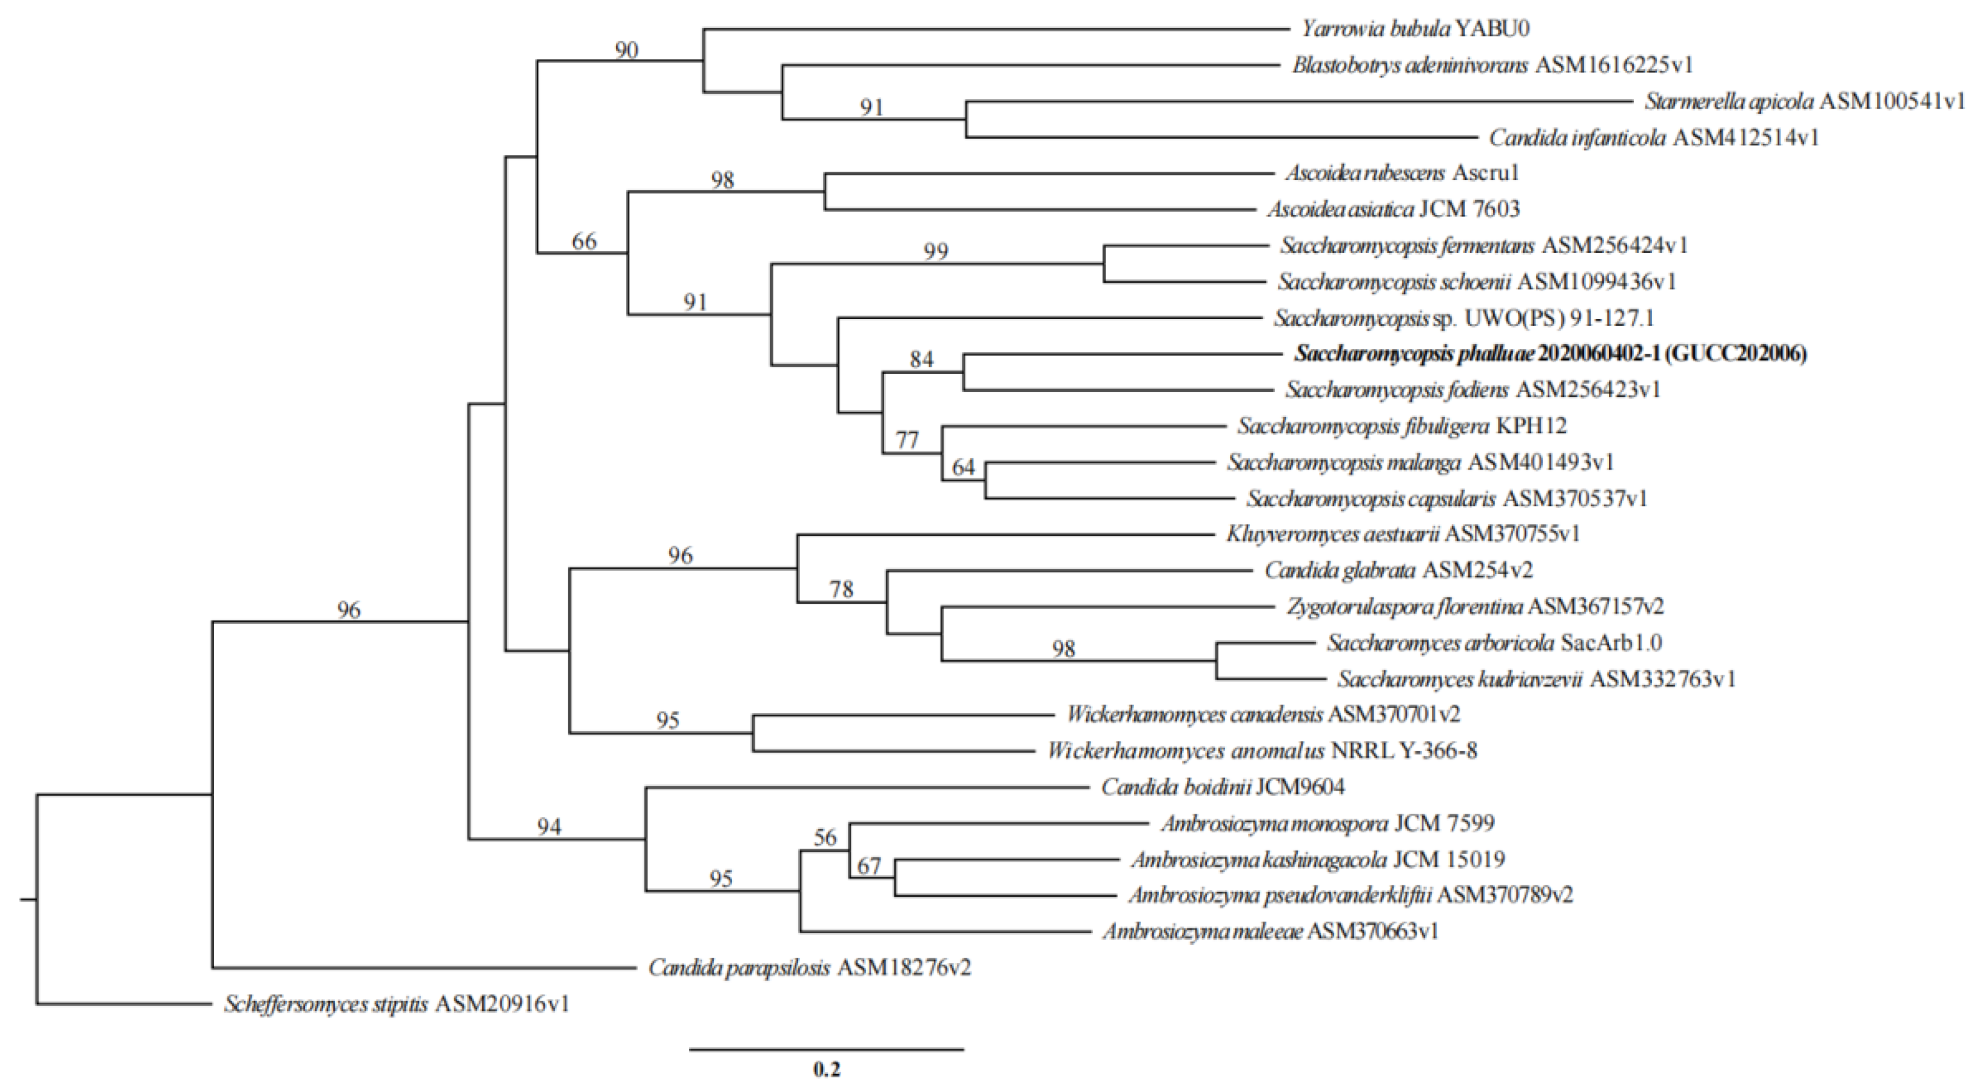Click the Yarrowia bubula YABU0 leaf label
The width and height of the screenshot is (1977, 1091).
pyautogui.click(x=1415, y=29)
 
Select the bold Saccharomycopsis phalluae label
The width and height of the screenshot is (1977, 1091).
pyautogui.click(x=1550, y=353)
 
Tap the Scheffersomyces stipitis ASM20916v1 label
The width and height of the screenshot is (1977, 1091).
pyautogui.click(x=397, y=1004)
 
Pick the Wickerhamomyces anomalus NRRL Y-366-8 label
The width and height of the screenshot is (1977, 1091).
pyautogui.click(x=1262, y=750)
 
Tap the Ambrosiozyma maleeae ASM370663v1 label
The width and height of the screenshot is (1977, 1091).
pyautogui.click(x=1270, y=931)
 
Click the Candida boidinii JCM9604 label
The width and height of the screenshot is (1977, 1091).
pyautogui.click(x=1223, y=787)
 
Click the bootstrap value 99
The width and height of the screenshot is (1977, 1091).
pyautogui.click(x=936, y=251)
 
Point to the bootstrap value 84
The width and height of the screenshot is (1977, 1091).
pyautogui.click(x=921, y=359)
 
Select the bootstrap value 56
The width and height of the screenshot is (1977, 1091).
pyautogui.click(x=824, y=837)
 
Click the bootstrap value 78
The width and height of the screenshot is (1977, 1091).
pyautogui.click(x=841, y=589)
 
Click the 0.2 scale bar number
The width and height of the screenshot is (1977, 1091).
pyautogui.click(x=827, y=1068)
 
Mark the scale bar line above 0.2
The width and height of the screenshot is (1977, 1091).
pyautogui.click(x=827, y=1049)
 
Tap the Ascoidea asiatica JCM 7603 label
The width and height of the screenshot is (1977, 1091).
pyautogui.click(x=1393, y=209)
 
